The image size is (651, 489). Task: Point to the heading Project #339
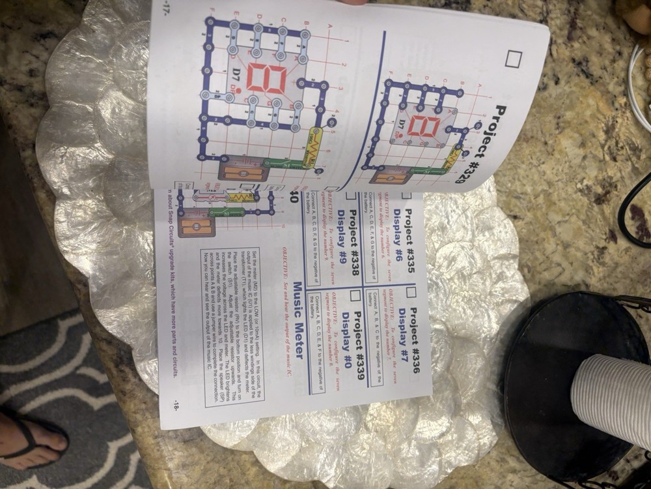coord(357,342)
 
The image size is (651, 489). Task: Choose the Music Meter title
coord(297,319)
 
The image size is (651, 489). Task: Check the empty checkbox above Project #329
coord(513,59)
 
